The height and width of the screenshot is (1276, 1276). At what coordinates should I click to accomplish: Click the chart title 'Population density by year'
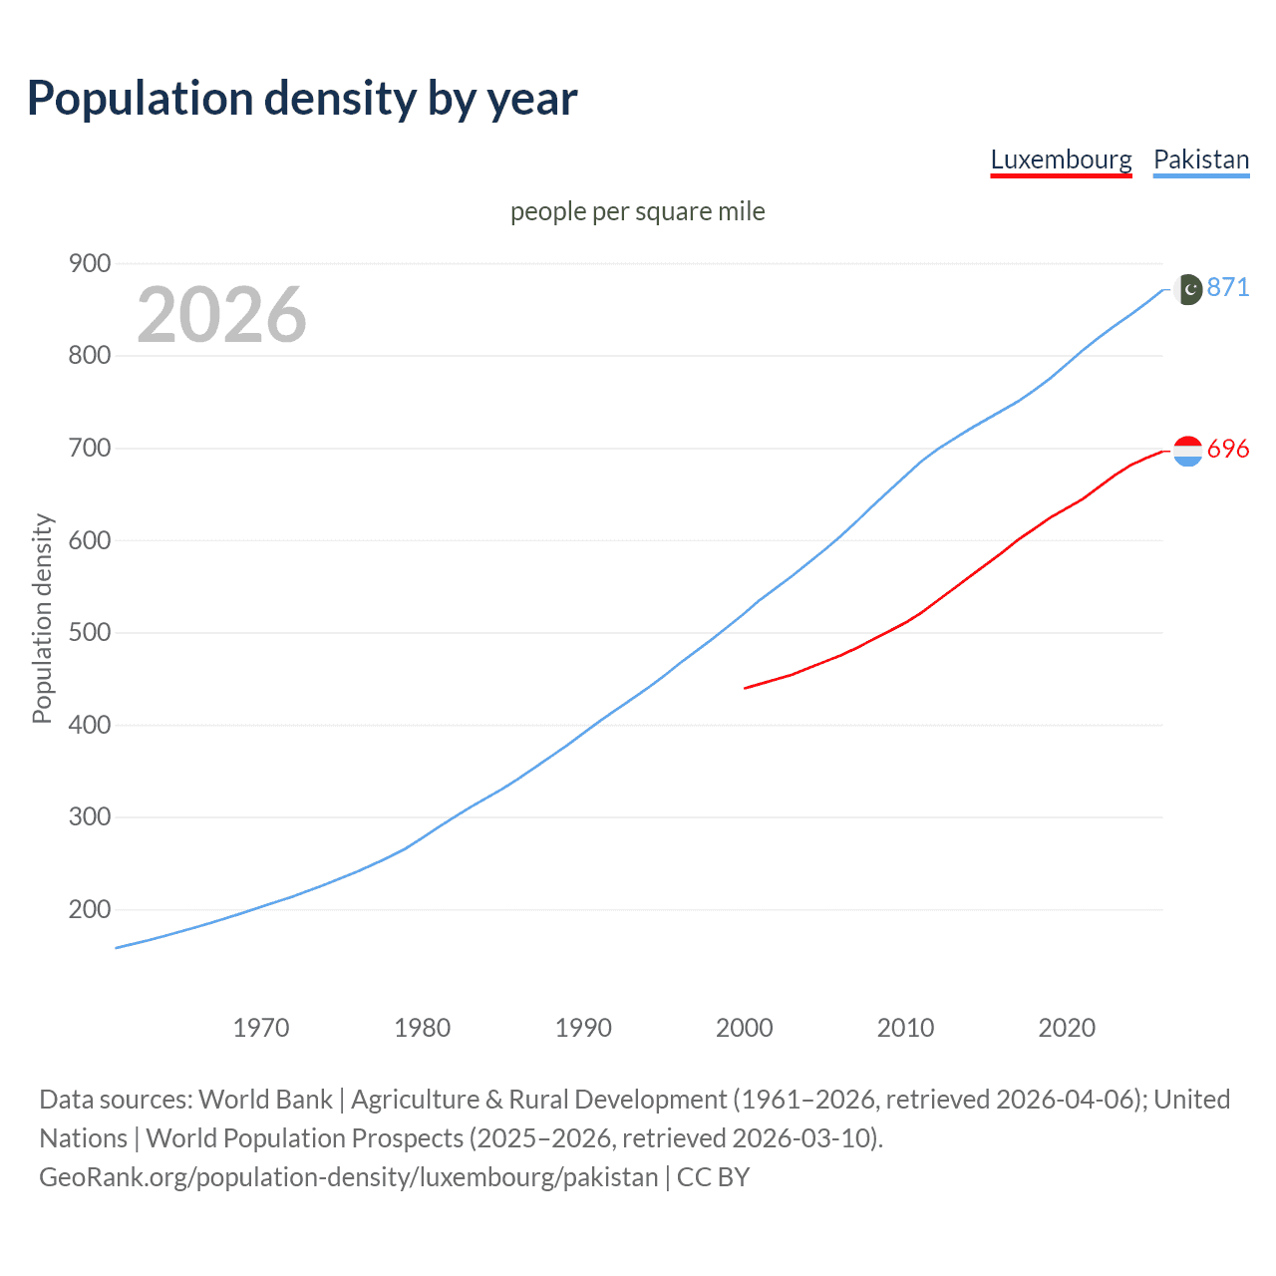(x=302, y=99)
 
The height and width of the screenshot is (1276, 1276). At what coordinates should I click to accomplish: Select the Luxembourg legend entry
(x=1061, y=160)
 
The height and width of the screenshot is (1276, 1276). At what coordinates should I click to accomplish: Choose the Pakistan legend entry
(x=1200, y=160)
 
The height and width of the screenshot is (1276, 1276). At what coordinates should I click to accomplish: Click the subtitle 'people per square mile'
(x=637, y=212)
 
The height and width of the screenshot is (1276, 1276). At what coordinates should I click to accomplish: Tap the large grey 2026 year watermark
(x=221, y=315)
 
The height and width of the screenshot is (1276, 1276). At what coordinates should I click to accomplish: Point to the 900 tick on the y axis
(x=89, y=264)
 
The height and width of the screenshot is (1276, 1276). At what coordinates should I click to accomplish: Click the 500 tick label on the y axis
(x=89, y=633)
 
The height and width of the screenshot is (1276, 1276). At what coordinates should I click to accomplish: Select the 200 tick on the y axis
(x=89, y=910)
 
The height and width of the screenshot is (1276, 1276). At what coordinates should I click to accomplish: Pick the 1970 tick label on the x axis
(x=261, y=1028)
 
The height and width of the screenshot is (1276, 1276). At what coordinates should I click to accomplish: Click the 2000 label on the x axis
(x=745, y=1028)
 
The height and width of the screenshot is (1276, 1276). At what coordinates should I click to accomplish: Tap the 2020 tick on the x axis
(x=1067, y=1028)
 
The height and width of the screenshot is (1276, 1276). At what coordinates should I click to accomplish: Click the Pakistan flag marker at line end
(x=1187, y=289)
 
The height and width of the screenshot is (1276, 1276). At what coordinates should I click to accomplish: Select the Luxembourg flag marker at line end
(x=1187, y=452)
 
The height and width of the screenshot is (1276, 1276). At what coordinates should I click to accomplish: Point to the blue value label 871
(x=1228, y=288)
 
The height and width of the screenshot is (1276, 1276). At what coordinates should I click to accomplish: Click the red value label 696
(x=1228, y=450)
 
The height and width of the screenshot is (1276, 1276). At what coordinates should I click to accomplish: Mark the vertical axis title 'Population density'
(x=42, y=618)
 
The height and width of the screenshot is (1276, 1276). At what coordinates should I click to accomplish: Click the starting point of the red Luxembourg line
(x=746, y=688)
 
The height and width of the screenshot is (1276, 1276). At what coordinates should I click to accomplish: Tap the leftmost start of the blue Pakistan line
(x=118, y=947)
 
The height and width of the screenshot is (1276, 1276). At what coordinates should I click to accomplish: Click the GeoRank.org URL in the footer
(x=349, y=1177)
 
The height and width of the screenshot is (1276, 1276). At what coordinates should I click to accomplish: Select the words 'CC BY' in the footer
(x=713, y=1177)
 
